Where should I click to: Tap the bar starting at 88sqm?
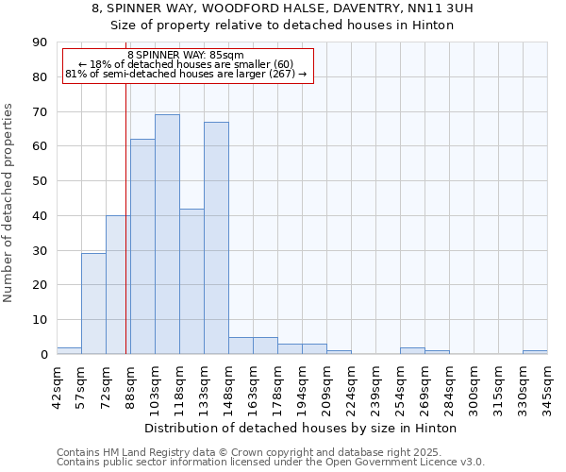[142, 246]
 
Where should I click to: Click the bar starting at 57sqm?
[93, 303]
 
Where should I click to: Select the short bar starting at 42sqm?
[69, 350]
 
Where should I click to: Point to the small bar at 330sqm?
[535, 352]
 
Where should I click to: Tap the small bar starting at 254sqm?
[412, 350]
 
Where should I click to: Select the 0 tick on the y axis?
[43, 355]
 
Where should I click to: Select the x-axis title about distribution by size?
[301, 428]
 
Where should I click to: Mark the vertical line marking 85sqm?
[126, 236]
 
